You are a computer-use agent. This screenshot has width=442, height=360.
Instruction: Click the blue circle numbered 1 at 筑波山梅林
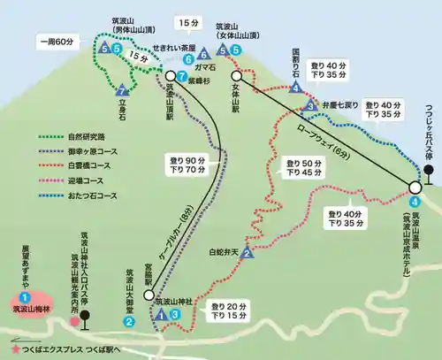click(x=26, y=298)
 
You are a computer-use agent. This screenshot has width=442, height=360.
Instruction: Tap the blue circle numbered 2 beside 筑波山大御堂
click(x=129, y=321)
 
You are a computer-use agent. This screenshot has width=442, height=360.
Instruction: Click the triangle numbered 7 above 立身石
click(x=121, y=89)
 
